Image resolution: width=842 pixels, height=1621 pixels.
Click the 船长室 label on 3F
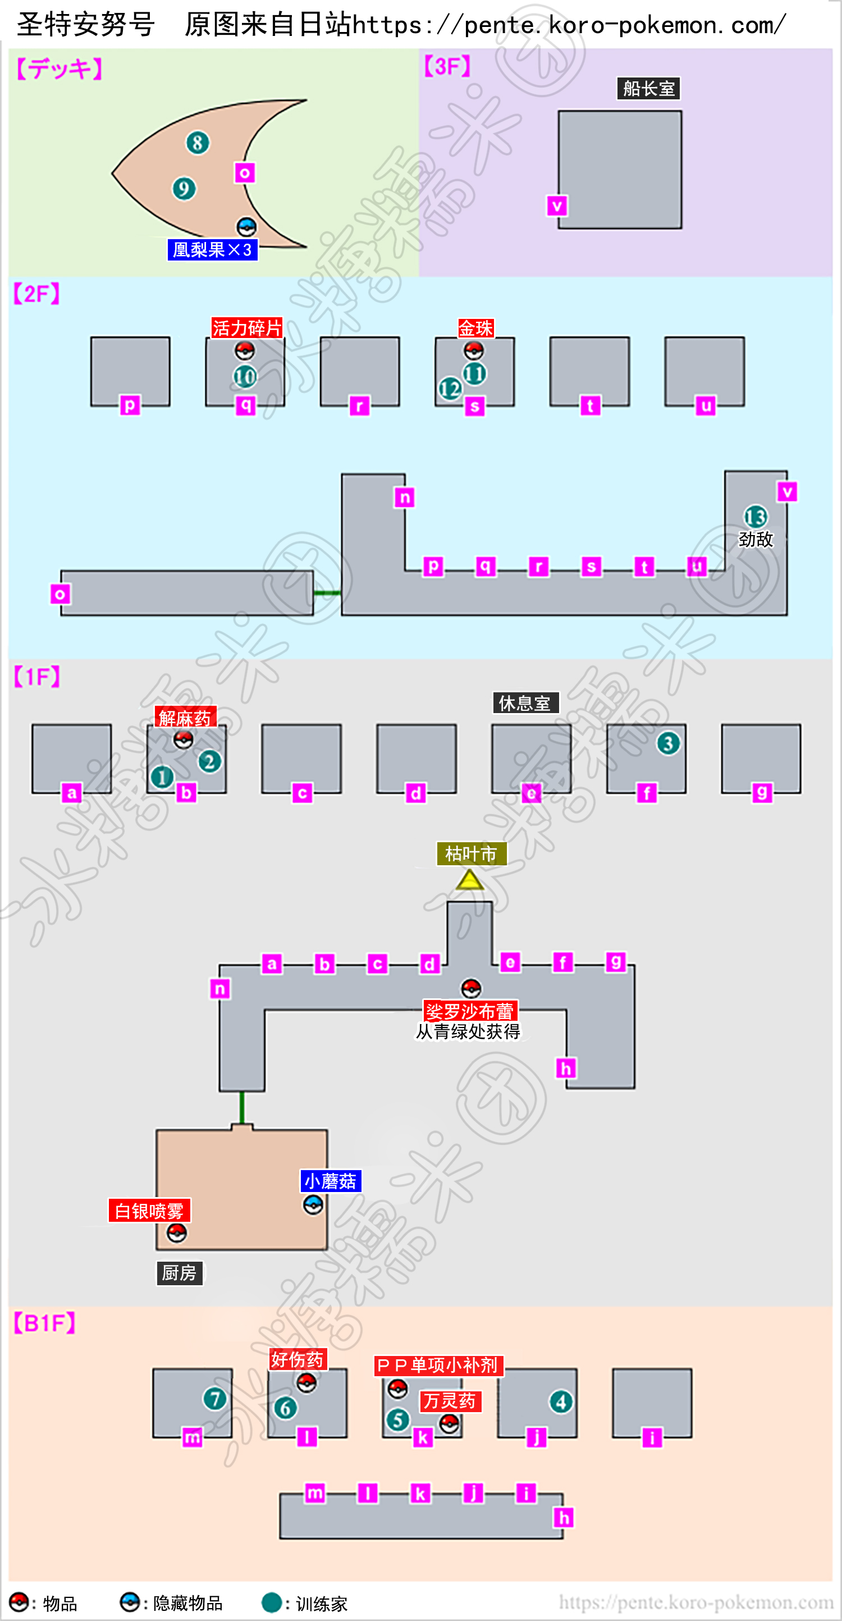click(648, 89)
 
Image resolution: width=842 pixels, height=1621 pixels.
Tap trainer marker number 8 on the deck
click(198, 143)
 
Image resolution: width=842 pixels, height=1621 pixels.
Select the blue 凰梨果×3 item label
click(213, 250)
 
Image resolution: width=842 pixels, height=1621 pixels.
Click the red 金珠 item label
click(476, 328)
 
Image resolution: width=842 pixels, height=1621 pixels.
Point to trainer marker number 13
click(755, 517)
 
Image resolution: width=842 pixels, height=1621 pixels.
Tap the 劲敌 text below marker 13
click(755, 539)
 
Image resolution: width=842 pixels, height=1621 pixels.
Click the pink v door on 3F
click(557, 206)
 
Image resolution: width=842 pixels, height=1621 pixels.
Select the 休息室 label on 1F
click(525, 703)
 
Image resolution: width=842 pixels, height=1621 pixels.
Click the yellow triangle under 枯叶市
click(469, 880)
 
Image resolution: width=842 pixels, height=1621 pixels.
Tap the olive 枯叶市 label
click(472, 854)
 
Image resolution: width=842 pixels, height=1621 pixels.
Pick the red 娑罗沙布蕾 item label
click(470, 1011)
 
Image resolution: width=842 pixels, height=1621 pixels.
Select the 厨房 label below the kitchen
click(180, 1273)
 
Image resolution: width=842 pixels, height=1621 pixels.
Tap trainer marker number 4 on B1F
click(561, 1401)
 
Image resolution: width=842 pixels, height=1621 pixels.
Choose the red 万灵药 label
click(450, 1401)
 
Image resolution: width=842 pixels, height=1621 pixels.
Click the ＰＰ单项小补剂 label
click(438, 1365)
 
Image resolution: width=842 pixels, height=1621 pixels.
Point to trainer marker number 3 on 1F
click(669, 743)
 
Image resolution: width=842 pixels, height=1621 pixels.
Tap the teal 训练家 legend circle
click(272, 1602)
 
